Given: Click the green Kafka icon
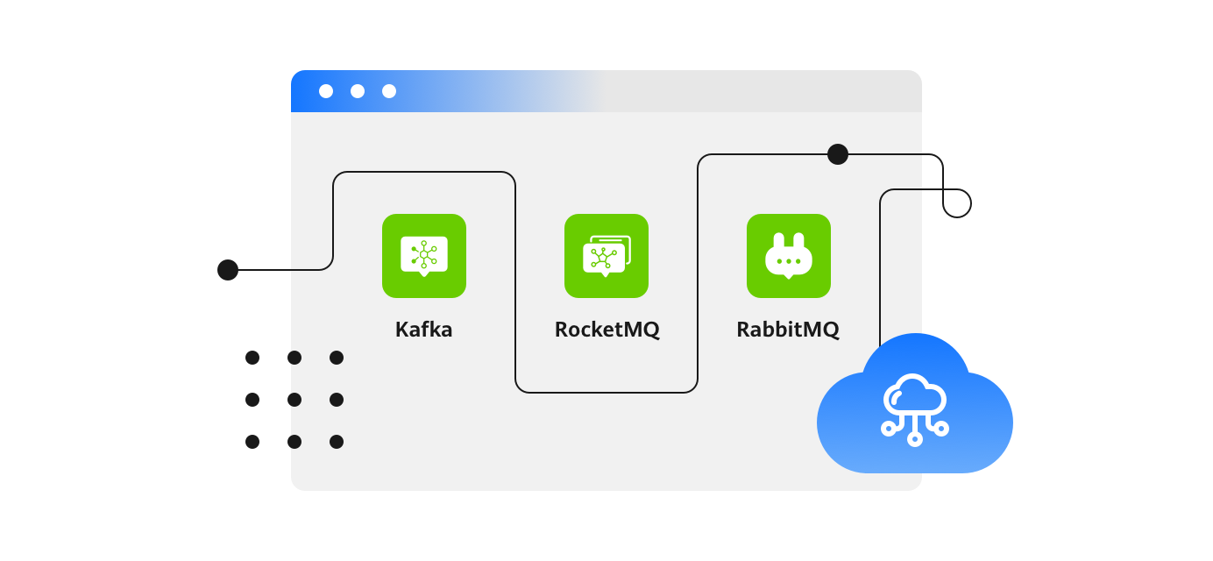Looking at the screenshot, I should point(424,256).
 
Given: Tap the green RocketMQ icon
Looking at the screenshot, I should point(606,256).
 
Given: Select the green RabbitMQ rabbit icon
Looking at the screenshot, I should point(789,256).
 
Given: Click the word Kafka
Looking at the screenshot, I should point(424,330).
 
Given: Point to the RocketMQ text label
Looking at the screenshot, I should point(606,330).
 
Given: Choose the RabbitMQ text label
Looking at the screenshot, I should point(788,330).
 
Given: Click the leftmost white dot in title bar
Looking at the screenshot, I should point(326,91).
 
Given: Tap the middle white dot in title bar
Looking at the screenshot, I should point(358,91).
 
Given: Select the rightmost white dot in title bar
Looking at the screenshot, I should point(389,91).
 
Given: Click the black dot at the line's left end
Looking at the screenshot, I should point(228,270).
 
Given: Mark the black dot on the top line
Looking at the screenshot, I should point(838,154).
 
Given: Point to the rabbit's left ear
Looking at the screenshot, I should point(778,241).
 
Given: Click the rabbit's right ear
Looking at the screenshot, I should point(798,241).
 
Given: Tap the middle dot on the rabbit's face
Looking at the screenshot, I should point(789,261).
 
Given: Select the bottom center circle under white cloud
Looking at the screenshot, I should point(915,438).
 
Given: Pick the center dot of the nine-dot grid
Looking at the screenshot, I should point(294,400).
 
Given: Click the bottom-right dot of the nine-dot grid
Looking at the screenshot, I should point(337,442).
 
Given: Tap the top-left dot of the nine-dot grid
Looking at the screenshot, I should point(252,358).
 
